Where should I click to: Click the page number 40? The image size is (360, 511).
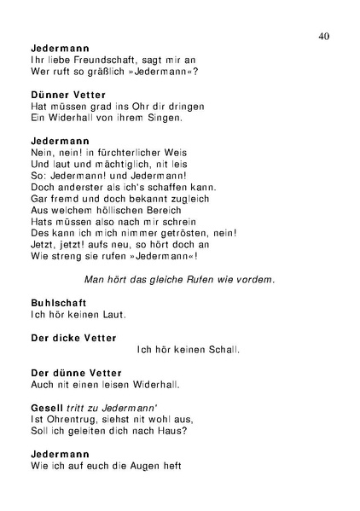[x=323, y=35]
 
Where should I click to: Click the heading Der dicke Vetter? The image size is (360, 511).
[x=73, y=338]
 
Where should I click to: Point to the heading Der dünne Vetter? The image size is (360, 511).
[x=76, y=373]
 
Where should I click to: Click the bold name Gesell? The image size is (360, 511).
[x=46, y=408]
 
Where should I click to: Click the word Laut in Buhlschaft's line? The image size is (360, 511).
[x=113, y=314]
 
